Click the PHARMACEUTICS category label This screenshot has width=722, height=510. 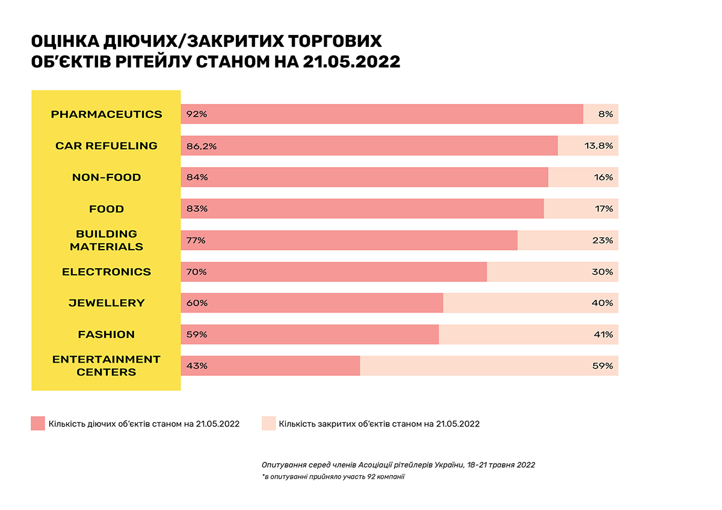pyautogui.click(x=106, y=114)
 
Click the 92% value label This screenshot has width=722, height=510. pyautogui.click(x=197, y=114)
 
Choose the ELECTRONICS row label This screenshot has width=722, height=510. pyautogui.click(x=106, y=272)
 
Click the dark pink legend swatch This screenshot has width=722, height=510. pyautogui.click(x=38, y=423)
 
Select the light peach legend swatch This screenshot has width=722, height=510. pyautogui.click(x=269, y=423)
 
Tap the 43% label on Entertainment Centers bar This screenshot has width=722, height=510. pyautogui.click(x=197, y=366)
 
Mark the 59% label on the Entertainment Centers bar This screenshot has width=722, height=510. pyautogui.click(x=602, y=366)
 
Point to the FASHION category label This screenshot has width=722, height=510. pyautogui.click(x=106, y=334)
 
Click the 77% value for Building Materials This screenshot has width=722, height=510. pyautogui.click(x=196, y=241)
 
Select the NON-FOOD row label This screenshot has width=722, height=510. pyautogui.click(x=106, y=177)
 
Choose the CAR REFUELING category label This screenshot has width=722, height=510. pyautogui.click(x=106, y=146)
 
